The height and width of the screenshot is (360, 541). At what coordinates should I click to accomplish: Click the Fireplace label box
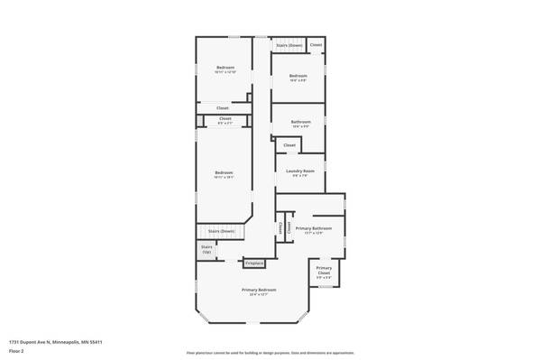pyautogui.click(x=255, y=263)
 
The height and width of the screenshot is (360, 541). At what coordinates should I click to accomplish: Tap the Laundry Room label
pyautogui.click(x=300, y=171)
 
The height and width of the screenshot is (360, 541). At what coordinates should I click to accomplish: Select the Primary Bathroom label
pyautogui.click(x=314, y=228)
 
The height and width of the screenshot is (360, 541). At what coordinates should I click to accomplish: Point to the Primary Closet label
pyautogui.click(x=325, y=271)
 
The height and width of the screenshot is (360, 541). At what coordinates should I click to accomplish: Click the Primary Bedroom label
pyautogui.click(x=259, y=290)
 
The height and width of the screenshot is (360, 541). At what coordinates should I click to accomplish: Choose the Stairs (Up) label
pyautogui.click(x=206, y=248)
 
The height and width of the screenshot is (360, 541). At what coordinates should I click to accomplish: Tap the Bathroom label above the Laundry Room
pyautogui.click(x=300, y=122)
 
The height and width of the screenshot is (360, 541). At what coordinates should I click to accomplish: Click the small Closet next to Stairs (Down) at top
pyautogui.click(x=316, y=44)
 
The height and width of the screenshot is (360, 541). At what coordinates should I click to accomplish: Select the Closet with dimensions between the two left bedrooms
pyautogui.click(x=225, y=120)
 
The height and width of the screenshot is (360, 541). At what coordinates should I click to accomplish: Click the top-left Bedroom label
pyautogui.click(x=225, y=68)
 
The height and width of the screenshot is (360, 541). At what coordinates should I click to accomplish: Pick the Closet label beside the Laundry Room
pyautogui.click(x=289, y=145)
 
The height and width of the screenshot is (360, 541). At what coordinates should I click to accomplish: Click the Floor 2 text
pyautogui.click(x=17, y=351)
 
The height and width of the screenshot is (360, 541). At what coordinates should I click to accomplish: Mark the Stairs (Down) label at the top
pyautogui.click(x=289, y=44)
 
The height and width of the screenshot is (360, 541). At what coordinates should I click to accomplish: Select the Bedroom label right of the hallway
pyautogui.click(x=298, y=75)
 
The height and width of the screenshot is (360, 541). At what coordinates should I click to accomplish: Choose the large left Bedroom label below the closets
pyautogui.click(x=224, y=172)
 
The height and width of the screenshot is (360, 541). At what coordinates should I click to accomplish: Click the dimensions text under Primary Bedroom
pyautogui.click(x=259, y=295)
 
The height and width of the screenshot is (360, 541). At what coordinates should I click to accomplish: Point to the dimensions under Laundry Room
pyautogui.click(x=300, y=176)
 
